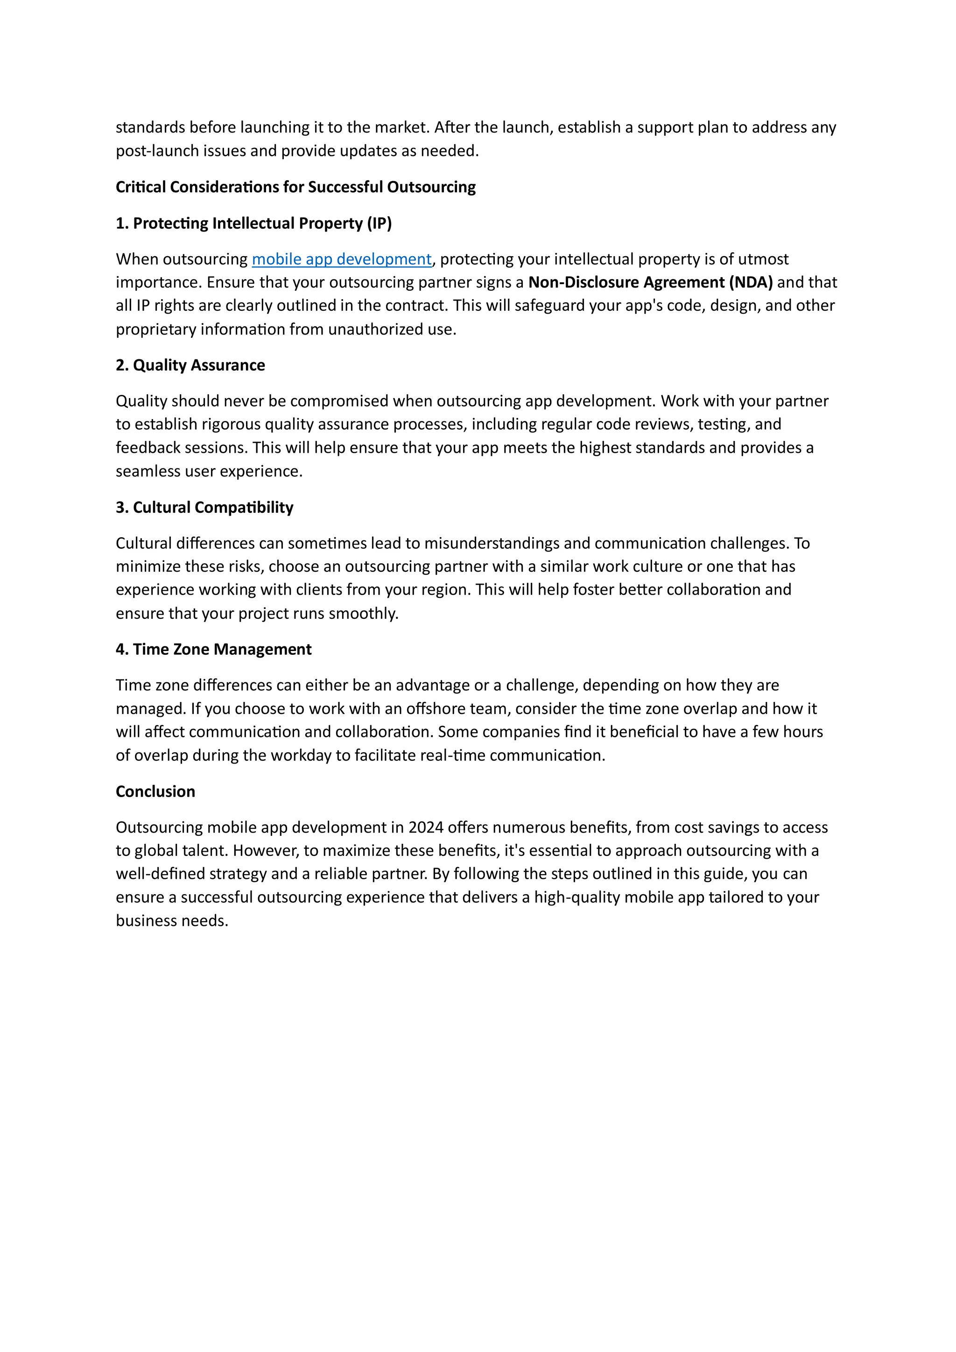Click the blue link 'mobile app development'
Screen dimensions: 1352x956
(x=342, y=259)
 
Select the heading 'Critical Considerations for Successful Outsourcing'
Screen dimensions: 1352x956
(x=295, y=187)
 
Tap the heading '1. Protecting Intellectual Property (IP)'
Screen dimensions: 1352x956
(x=254, y=223)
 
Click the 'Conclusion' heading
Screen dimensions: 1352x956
(x=155, y=792)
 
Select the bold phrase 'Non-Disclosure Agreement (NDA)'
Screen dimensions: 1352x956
(x=650, y=283)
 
